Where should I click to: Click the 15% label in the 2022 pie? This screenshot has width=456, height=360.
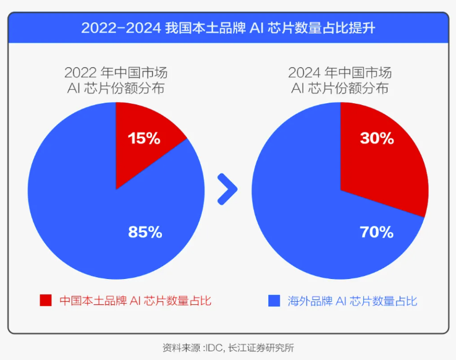(144, 138)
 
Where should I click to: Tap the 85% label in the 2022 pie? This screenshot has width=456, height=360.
(145, 232)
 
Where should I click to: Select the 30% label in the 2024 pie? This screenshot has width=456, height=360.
(377, 138)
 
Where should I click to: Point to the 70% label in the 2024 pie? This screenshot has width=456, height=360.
(377, 232)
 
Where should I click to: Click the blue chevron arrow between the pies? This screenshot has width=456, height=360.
(228, 189)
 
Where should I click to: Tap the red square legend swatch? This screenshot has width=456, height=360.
(46, 301)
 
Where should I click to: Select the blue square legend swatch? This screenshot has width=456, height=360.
(274, 301)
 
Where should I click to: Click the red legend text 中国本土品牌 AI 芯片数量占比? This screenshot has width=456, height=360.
(135, 301)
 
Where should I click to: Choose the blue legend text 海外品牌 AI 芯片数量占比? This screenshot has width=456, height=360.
(352, 301)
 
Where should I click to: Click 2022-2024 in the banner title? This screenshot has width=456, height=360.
(121, 28)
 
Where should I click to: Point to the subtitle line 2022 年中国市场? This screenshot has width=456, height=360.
(116, 73)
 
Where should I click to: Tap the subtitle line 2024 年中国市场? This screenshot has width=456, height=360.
(340, 73)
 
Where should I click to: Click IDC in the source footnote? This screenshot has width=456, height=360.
(214, 348)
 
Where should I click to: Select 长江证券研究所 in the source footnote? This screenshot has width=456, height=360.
(261, 348)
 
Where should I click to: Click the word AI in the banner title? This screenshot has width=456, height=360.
(256, 28)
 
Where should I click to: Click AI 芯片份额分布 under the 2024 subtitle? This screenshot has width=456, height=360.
(340, 88)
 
